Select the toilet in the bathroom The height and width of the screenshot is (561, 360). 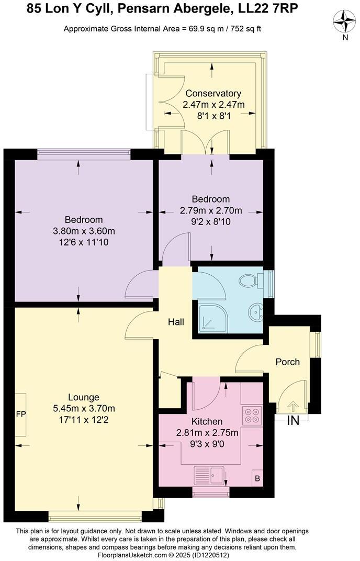[250, 281]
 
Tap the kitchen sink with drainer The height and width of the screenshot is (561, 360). [210, 476]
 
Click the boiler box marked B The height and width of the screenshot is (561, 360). [257, 478]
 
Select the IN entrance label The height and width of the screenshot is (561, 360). [293, 420]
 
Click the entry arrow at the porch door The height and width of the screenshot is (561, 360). [292, 405]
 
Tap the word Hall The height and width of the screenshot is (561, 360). [176, 322]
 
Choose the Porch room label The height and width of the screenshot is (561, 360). [288, 362]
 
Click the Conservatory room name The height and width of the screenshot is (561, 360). [213, 93]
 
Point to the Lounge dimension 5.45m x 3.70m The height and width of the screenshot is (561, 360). [84, 408]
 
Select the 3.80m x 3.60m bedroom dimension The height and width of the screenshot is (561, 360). [84, 231]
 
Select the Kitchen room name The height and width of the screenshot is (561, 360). [207, 421]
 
